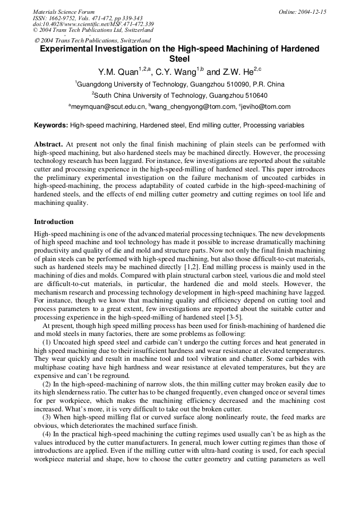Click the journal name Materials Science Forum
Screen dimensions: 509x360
(x=64, y=12)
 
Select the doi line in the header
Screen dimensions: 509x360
(x=93, y=24)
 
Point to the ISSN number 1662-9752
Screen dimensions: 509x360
(x=64, y=18)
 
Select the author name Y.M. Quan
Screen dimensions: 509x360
(x=118, y=72)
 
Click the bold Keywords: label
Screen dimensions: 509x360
(x=51, y=126)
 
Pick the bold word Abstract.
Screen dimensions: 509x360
(x=48, y=144)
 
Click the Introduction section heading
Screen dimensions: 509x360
(x=54, y=222)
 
